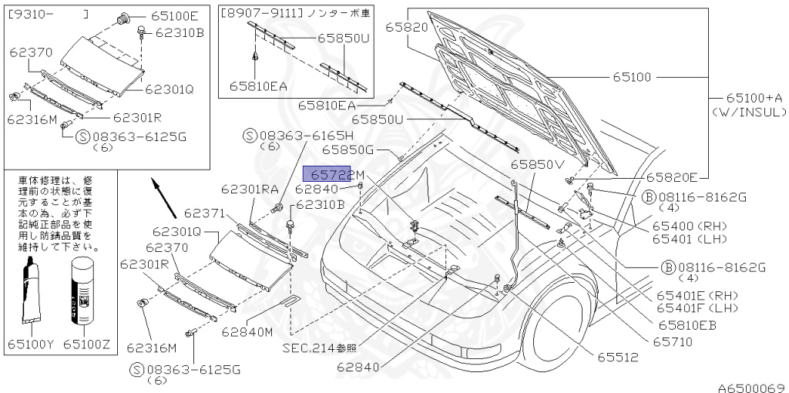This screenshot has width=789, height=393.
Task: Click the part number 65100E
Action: pos(174,15)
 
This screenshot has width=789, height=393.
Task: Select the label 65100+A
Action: pos(754,98)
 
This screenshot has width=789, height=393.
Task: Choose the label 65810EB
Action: pos(687,324)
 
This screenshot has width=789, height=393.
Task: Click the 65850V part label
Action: pos(537,164)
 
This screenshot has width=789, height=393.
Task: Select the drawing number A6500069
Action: pos(751,387)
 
